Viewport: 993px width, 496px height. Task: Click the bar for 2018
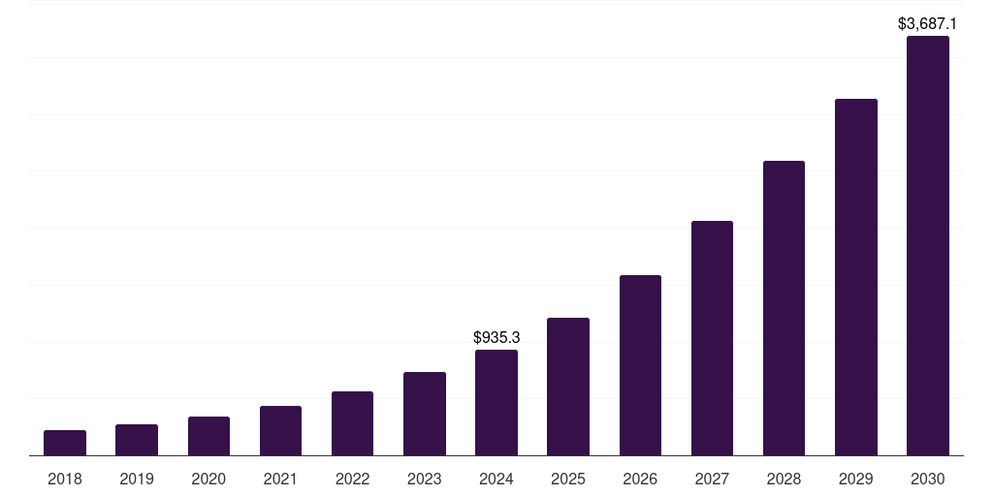tap(65, 443)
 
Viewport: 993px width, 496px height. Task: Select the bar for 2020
tap(208, 436)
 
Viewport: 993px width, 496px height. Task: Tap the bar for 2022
tap(352, 423)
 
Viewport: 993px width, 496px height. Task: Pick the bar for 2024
tap(496, 402)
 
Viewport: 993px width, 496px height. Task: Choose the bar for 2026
tap(640, 365)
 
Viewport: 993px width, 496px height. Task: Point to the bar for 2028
tap(784, 308)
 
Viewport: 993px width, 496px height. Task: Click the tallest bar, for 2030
tap(928, 246)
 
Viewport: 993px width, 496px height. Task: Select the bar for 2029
tap(856, 277)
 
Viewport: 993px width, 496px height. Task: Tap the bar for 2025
tap(568, 387)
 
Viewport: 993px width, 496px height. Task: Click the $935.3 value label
tap(496, 338)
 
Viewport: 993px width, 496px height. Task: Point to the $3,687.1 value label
tap(928, 23)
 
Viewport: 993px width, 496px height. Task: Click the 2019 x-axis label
tap(137, 479)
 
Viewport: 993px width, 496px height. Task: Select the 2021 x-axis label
tap(280, 479)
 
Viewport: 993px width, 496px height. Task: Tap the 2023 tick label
tap(425, 479)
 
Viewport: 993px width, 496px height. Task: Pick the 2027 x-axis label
tap(712, 479)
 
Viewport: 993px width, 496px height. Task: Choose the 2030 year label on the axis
tap(928, 479)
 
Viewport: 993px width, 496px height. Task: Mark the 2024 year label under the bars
tap(496, 479)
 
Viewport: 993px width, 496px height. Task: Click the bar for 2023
tap(425, 414)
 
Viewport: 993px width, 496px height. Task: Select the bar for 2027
tap(712, 338)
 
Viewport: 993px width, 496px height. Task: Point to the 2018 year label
tap(65, 479)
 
